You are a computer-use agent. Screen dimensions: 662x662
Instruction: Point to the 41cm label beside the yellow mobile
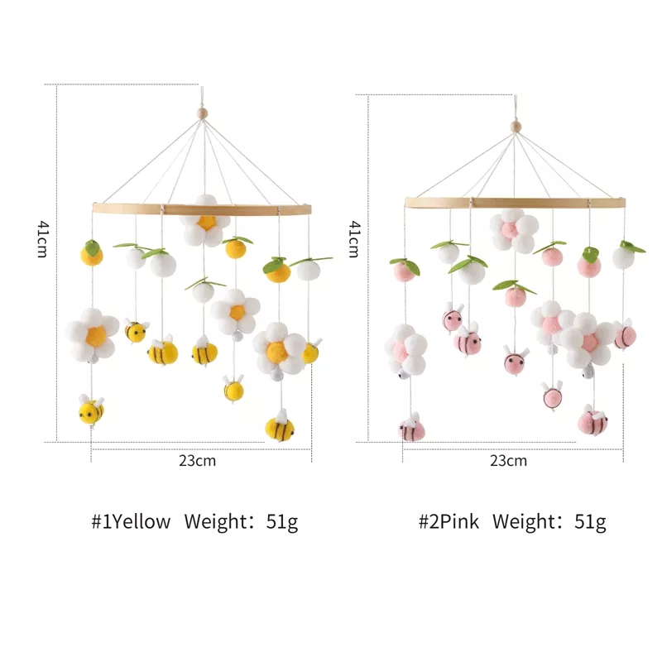[x=41, y=240]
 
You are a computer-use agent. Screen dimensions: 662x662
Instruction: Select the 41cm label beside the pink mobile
[x=353, y=239]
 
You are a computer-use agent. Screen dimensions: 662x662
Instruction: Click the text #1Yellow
[x=131, y=521]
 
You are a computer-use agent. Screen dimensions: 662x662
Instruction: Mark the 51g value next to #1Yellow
[x=281, y=521]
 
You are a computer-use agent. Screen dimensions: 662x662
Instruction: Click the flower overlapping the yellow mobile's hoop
[x=204, y=220]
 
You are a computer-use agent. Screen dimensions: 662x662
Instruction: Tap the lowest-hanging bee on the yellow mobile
[x=280, y=427]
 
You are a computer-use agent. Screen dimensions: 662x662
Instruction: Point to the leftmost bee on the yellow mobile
[x=91, y=410]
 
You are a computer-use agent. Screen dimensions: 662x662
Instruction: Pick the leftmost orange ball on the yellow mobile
[x=92, y=254]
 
